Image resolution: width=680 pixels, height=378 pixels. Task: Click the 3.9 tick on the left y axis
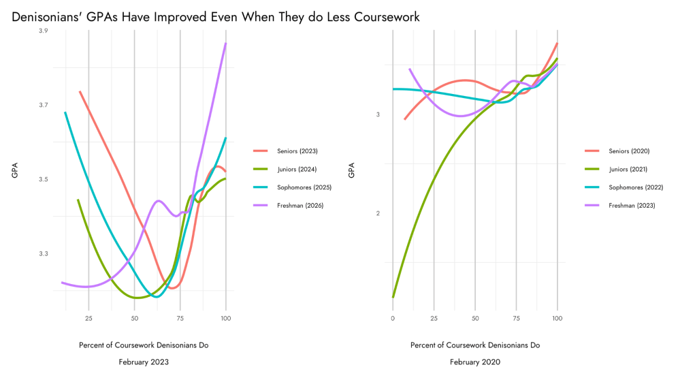pyautogui.click(x=44, y=31)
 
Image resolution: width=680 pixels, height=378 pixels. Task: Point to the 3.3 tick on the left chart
pyautogui.click(x=44, y=253)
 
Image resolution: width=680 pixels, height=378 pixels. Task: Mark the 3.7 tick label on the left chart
pyautogui.click(x=44, y=105)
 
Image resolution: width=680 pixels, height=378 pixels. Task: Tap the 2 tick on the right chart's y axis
pyautogui.click(x=378, y=213)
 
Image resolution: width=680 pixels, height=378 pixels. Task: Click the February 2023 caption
pyautogui.click(x=144, y=362)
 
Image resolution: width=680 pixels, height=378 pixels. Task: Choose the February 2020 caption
pyautogui.click(x=475, y=362)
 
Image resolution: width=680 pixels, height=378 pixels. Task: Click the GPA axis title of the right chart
pyautogui.click(x=352, y=170)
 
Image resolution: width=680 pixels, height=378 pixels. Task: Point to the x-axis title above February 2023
pyautogui.click(x=144, y=345)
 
